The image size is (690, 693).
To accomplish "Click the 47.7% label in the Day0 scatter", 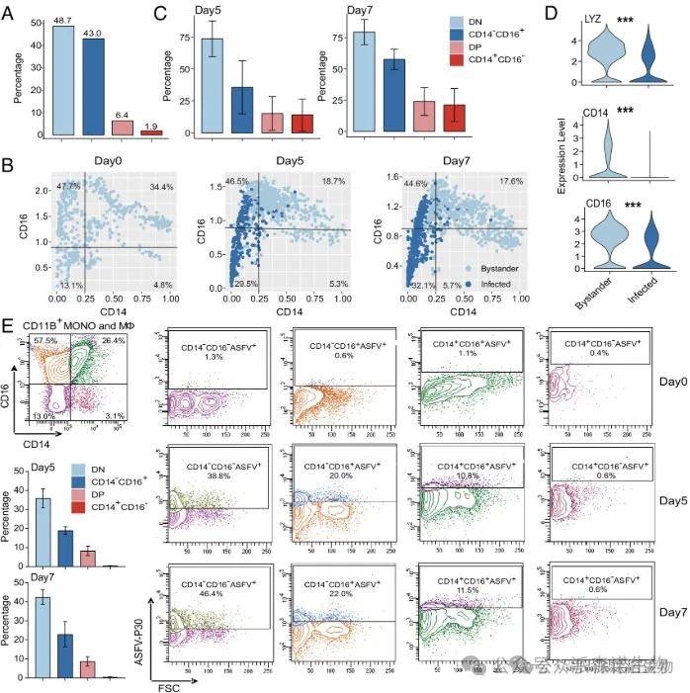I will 67,186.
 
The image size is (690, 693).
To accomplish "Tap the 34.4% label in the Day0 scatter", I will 161,186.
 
